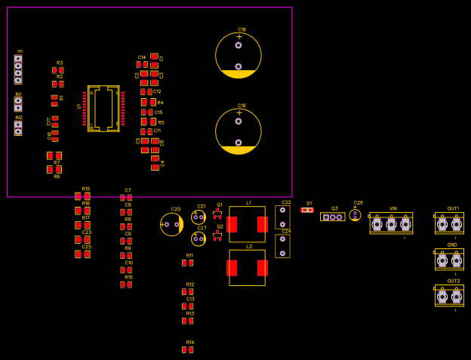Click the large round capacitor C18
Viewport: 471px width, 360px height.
coord(239,56)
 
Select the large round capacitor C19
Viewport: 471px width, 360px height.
coord(239,131)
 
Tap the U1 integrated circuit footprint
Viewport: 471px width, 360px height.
coord(103,109)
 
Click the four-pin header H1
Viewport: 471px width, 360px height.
coord(18,69)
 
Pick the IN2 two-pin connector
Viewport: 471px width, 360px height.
coord(18,128)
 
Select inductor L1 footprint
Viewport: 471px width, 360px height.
coord(247,224)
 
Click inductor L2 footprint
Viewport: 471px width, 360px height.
coord(247,268)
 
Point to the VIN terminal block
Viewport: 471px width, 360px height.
coord(391,223)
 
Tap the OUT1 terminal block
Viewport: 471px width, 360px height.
coord(449,224)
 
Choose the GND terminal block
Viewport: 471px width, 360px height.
coord(449,260)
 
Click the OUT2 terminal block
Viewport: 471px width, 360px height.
coord(449,296)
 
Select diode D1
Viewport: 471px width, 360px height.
coord(307,210)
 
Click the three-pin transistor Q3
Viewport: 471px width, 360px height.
coord(332,217)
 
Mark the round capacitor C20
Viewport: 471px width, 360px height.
coord(171,224)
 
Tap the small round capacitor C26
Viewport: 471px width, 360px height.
coord(355,215)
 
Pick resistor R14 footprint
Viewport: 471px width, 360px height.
coord(187,349)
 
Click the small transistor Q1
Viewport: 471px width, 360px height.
coord(217,214)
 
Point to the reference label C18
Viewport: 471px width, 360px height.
coord(242,29)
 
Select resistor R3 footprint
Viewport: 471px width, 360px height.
coord(58,70)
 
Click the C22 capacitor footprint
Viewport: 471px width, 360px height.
coord(282,217)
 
